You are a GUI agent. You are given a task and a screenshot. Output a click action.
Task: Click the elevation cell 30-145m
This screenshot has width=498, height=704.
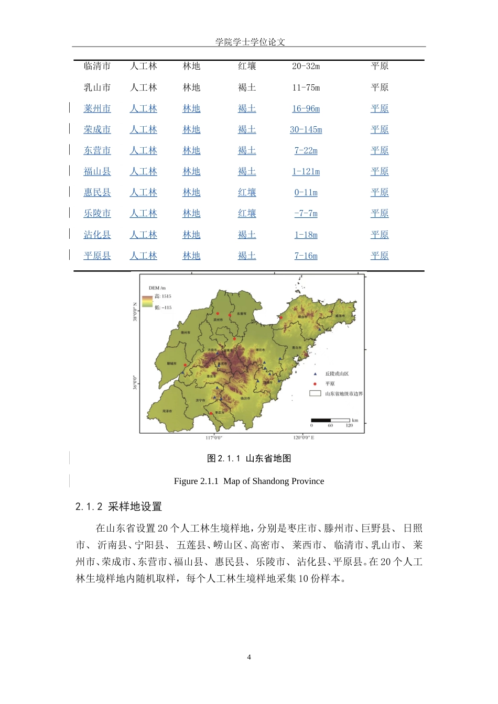(306, 129)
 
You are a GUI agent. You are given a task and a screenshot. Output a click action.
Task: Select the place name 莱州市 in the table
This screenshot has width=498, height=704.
(97, 108)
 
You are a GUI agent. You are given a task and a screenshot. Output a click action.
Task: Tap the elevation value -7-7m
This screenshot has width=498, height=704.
(306, 213)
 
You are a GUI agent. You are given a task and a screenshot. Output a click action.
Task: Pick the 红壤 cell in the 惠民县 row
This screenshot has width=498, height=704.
(247, 192)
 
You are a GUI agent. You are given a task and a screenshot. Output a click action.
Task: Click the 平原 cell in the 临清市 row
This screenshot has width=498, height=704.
(380, 66)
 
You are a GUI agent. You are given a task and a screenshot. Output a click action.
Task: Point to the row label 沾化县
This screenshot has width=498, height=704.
(97, 235)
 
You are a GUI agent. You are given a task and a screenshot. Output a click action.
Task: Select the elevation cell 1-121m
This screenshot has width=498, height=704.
(306, 171)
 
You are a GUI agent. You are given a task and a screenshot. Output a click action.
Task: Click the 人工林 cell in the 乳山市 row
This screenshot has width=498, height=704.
(143, 87)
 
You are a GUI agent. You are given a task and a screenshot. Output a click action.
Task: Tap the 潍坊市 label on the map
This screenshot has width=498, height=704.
(260, 350)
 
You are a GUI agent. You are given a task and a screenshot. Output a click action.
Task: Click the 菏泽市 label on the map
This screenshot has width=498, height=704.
(167, 411)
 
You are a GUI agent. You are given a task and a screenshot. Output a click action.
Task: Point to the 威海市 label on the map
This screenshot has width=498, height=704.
(340, 316)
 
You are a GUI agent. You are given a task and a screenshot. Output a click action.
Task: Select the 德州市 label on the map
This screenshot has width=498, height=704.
(186, 332)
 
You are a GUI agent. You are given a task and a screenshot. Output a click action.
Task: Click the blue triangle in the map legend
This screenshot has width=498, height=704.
(315, 374)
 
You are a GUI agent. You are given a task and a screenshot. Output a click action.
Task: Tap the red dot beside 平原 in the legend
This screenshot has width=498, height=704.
(315, 384)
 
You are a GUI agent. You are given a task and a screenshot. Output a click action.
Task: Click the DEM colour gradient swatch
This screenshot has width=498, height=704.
(147, 302)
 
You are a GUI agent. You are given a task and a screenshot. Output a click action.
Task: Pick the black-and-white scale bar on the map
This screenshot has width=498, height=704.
(330, 420)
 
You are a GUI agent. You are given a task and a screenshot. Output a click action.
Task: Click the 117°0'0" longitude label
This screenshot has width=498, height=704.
(214, 438)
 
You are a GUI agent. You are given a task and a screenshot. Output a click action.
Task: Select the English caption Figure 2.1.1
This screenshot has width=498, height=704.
(249, 481)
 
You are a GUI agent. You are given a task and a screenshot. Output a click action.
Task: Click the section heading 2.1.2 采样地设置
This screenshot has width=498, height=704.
(118, 507)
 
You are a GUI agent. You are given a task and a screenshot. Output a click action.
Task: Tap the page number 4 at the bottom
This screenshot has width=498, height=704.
(249, 657)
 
